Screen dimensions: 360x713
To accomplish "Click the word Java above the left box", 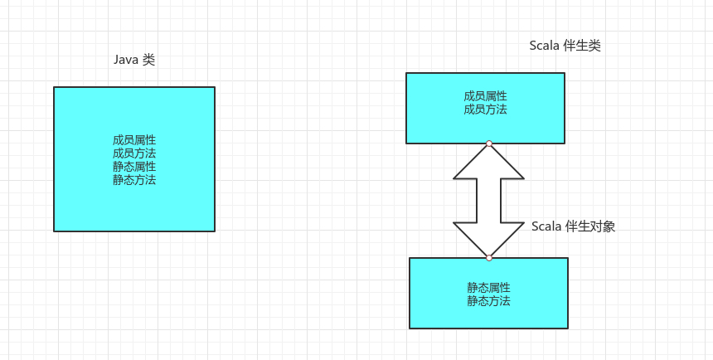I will point(125,61).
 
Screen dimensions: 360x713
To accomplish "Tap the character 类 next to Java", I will point(149,61).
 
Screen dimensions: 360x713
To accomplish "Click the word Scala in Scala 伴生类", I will point(545,46).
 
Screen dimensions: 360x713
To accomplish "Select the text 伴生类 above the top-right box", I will point(582,46).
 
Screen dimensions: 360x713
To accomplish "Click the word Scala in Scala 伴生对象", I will point(546,226).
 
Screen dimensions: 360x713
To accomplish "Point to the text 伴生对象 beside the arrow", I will point(590,226).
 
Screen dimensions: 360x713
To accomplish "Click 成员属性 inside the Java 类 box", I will point(134,140).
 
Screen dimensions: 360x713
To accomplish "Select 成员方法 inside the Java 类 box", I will point(134,153).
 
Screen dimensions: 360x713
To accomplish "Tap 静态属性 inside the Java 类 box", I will point(134,167).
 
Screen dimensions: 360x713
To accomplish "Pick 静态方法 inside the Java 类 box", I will point(134,180).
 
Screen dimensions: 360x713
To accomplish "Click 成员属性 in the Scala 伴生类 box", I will point(485,96).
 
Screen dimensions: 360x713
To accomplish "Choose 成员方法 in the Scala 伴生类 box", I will point(485,109).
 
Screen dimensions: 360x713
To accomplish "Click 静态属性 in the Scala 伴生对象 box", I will point(488,288).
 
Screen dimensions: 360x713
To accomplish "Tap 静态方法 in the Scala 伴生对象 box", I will point(488,301).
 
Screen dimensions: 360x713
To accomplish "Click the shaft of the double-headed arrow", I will point(489,201).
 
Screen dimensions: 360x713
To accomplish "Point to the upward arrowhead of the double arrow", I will point(489,163).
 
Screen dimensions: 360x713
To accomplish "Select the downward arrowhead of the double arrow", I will point(489,239).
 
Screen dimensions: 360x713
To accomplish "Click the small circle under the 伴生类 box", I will point(489,144).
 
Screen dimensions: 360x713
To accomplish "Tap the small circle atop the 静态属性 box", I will point(489,258).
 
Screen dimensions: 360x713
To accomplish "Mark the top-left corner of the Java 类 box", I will point(54,87).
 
